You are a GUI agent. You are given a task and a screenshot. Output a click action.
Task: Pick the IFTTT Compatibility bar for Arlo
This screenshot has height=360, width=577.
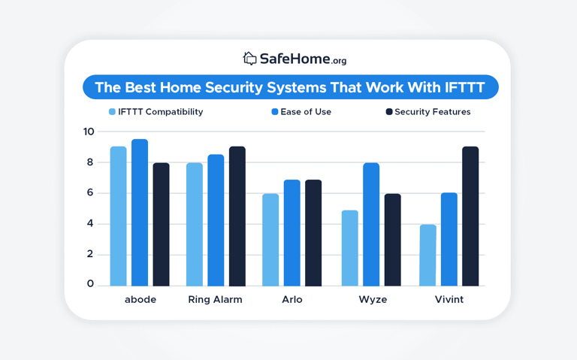point(270,240)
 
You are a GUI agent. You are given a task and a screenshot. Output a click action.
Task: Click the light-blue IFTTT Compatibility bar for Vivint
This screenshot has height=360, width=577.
point(427,255)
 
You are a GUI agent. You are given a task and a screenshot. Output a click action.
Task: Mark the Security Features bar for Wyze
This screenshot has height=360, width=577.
point(392,240)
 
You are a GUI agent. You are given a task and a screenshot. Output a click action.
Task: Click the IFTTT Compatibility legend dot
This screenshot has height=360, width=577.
point(113,112)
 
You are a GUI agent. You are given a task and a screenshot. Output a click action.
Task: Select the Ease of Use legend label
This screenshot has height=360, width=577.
point(306,112)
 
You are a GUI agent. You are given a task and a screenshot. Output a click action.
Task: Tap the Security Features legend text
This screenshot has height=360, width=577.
point(433,112)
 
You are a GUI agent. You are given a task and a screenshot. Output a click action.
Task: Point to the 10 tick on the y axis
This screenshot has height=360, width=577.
point(89,132)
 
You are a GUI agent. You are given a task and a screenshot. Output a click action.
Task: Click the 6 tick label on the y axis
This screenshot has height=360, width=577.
point(89,192)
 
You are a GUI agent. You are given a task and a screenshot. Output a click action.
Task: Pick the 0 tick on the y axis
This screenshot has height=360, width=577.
point(90,283)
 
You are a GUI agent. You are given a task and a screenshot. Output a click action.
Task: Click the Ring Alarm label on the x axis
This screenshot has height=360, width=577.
point(215,299)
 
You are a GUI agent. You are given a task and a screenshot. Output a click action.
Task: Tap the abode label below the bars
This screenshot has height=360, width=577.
point(140,299)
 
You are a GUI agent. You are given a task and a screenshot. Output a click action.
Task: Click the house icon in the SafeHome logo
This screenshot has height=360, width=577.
point(249,58)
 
